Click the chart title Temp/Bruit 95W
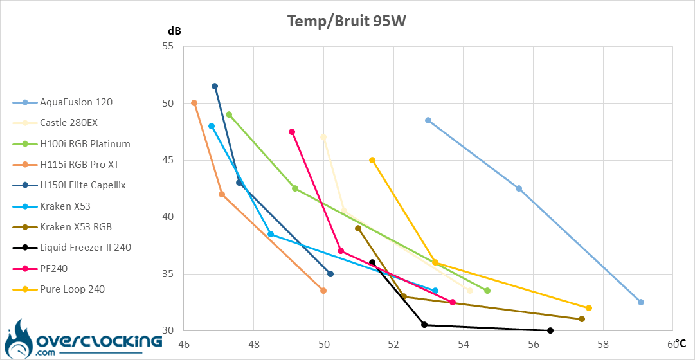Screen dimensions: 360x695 [x=347, y=21]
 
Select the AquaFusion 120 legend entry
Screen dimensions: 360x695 [x=76, y=102]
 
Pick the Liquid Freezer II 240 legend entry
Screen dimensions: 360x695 [x=86, y=248]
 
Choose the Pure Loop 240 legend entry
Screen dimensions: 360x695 [x=72, y=289]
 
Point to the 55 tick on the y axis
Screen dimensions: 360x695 [x=169, y=46]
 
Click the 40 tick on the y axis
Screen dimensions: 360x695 [x=169, y=217]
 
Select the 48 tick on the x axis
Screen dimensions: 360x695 [x=253, y=344]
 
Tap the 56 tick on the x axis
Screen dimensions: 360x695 [x=533, y=344]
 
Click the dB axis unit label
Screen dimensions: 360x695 [x=174, y=31]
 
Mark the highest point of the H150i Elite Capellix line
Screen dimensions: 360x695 [x=215, y=86]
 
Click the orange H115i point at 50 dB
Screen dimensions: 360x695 [x=194, y=103]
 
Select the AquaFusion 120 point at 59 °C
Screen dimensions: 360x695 [x=641, y=302]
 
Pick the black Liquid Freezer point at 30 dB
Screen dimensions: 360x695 [x=550, y=330]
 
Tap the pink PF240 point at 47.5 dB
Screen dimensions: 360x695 [x=292, y=132]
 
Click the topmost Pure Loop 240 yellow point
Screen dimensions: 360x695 [x=372, y=160]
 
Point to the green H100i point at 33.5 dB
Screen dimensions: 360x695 [x=487, y=291]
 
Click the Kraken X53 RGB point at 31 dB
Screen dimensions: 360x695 [x=582, y=319]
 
